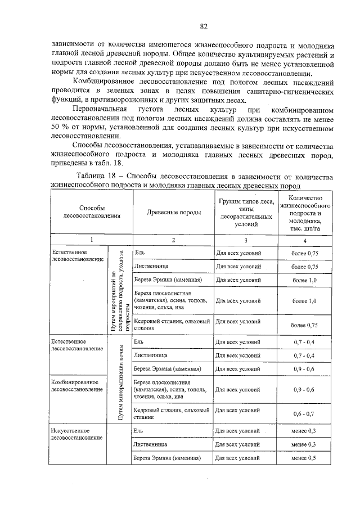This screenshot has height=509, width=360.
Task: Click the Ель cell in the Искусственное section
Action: [x=138, y=431]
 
